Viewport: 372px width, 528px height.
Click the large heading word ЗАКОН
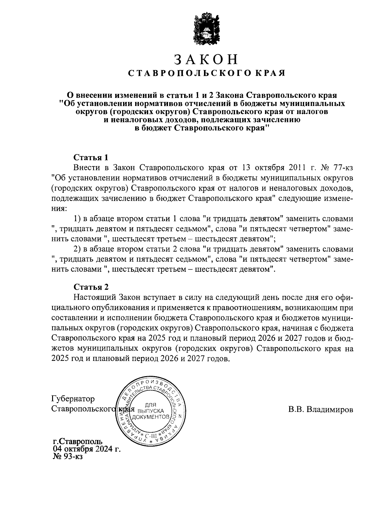click(x=206, y=59)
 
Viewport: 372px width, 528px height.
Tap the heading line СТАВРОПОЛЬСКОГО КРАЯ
click(x=206, y=73)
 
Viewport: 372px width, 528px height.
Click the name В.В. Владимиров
click(x=321, y=410)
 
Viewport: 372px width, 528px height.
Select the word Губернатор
click(x=73, y=398)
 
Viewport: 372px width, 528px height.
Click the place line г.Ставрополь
click(x=77, y=441)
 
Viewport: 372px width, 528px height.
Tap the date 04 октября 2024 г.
click(x=87, y=449)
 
